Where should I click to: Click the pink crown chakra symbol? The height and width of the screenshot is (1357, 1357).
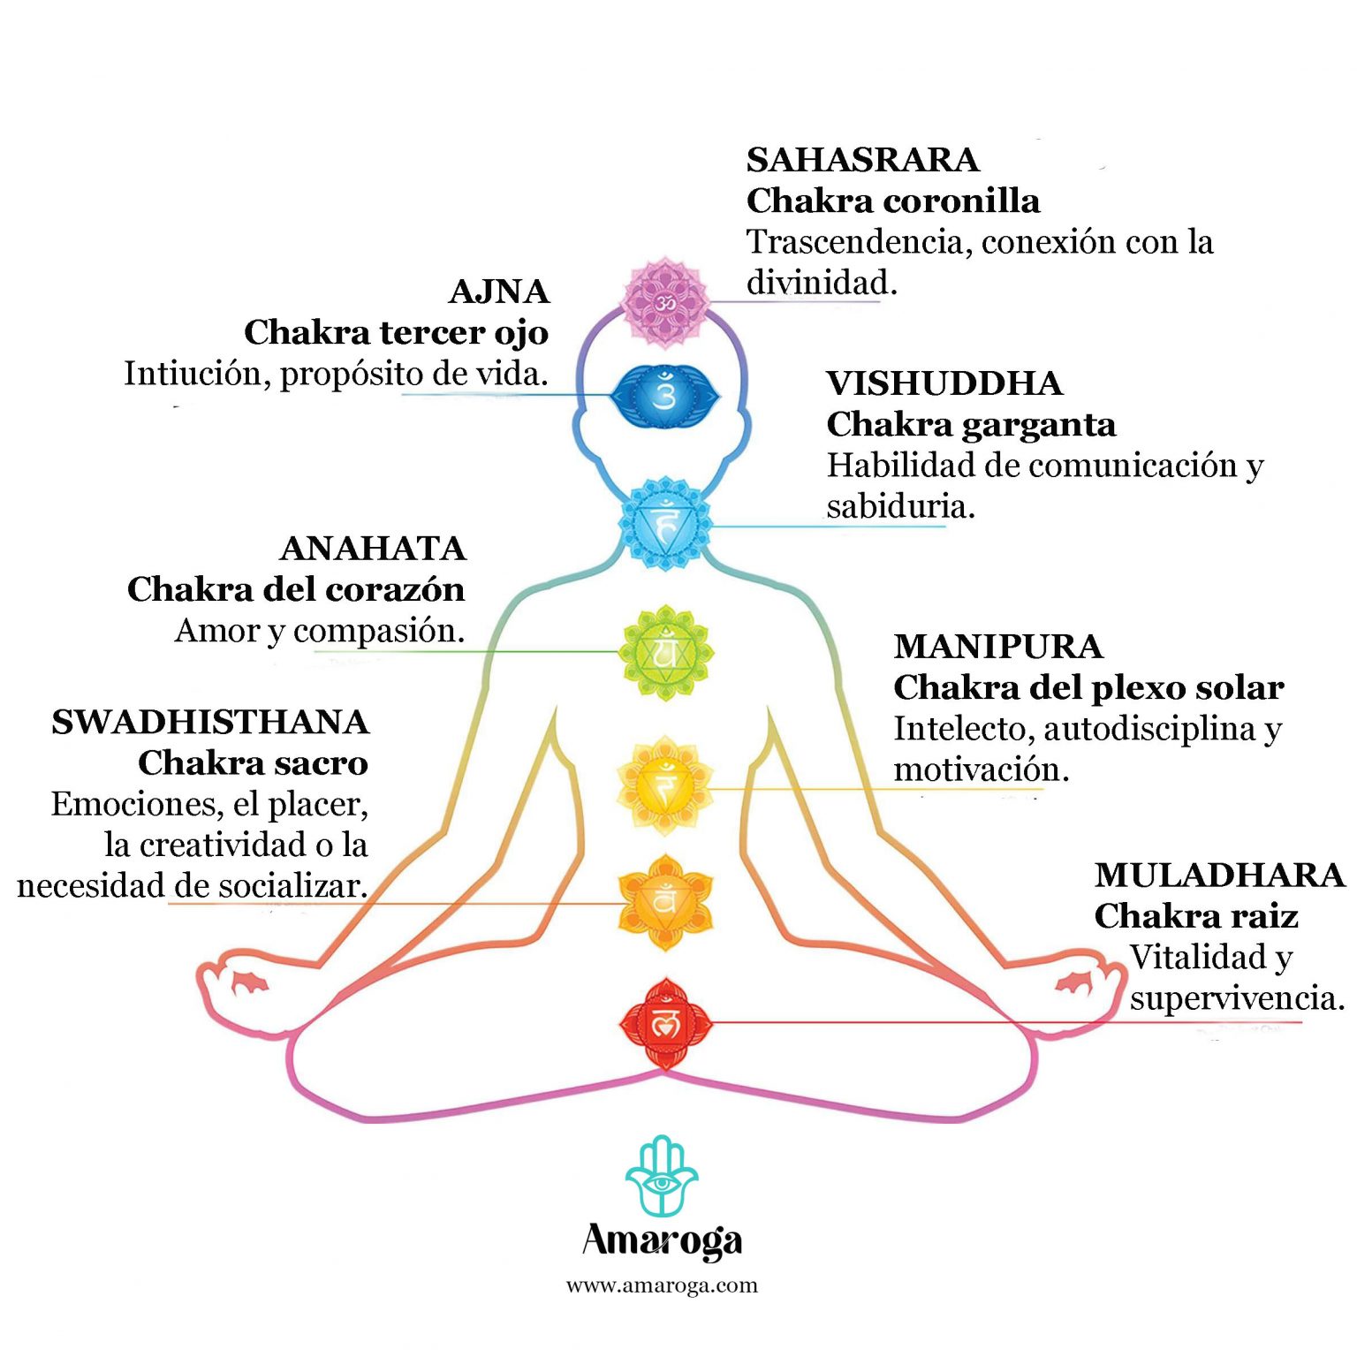coord(664,302)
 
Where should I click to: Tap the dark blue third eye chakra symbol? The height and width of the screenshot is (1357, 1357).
coord(664,394)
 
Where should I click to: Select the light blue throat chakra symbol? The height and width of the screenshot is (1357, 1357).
coord(664,524)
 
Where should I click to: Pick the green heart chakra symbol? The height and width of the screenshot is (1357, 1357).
coord(664,653)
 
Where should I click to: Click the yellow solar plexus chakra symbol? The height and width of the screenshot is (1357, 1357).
coord(664,785)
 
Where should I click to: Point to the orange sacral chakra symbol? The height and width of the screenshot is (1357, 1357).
coord(664,902)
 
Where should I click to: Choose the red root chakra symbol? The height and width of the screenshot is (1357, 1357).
coord(664,1023)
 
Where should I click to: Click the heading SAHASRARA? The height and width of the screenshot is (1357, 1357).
coord(862,160)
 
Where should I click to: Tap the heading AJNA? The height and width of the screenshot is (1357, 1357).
coord(499,292)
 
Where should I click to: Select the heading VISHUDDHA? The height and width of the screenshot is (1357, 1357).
coord(944,383)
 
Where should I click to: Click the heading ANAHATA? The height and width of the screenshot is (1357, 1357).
coord(373,549)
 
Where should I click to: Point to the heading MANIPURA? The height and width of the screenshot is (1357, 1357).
coord(998,647)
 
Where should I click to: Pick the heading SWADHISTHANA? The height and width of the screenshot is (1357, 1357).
coord(210,722)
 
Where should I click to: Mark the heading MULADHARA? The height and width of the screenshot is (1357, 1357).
coord(1219,875)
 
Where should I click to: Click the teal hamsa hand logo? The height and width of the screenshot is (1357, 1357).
coord(662,1176)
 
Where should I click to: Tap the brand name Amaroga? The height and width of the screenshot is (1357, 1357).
coord(662,1240)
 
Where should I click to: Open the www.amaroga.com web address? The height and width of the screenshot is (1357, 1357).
coord(662,1285)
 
